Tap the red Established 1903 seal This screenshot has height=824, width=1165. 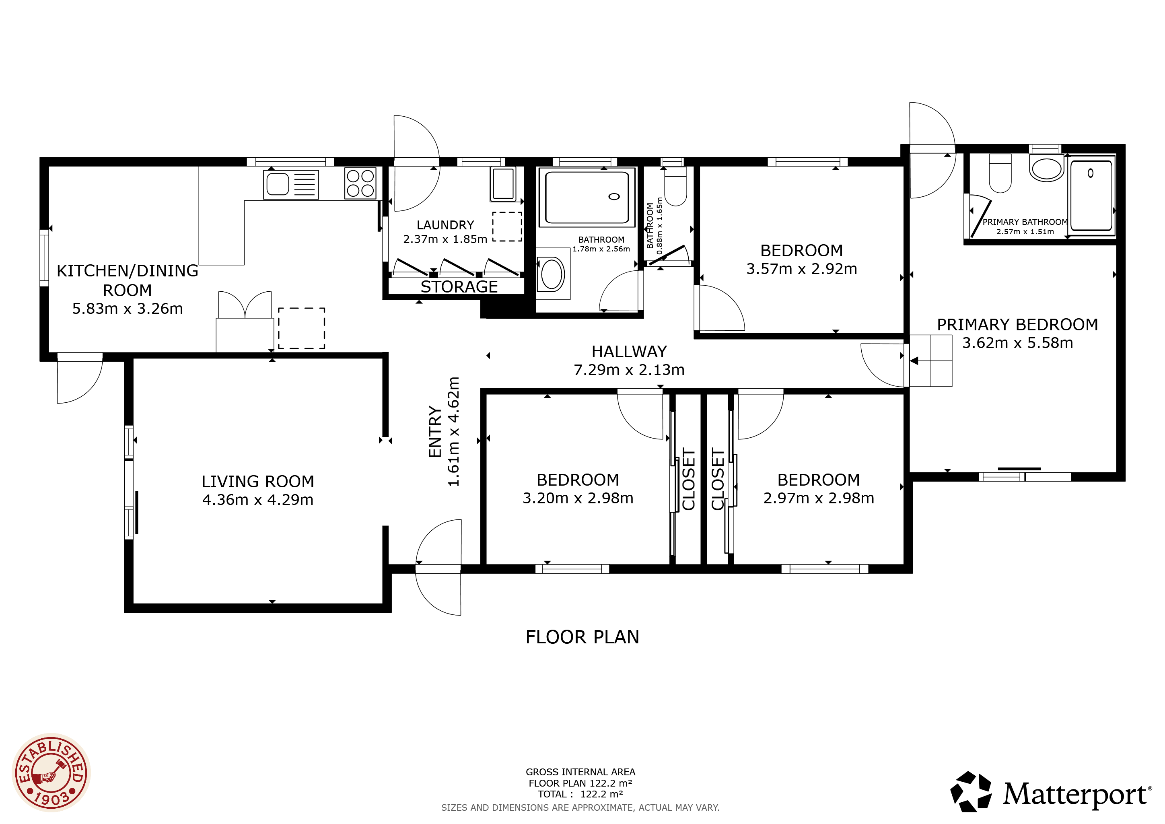(x=51, y=773)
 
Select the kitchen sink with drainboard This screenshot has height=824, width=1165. (x=291, y=184)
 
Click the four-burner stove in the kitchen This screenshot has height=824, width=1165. (x=360, y=183)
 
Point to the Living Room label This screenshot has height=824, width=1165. (x=258, y=481)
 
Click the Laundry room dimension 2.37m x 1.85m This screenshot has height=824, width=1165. (x=445, y=239)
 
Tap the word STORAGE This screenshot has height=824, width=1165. (x=459, y=287)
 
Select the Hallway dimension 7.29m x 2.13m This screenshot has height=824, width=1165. (x=629, y=370)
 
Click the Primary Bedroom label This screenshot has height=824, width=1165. (x=1017, y=325)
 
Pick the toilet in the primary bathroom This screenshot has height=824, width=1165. (x=1000, y=173)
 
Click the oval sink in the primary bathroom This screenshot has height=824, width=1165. (x=1047, y=169)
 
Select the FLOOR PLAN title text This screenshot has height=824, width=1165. (x=582, y=637)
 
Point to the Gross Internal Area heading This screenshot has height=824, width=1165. (x=580, y=772)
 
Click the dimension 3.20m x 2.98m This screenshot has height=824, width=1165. (x=578, y=498)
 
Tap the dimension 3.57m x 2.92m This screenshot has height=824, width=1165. (x=802, y=269)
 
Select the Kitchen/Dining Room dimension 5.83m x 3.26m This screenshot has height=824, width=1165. (x=128, y=309)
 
